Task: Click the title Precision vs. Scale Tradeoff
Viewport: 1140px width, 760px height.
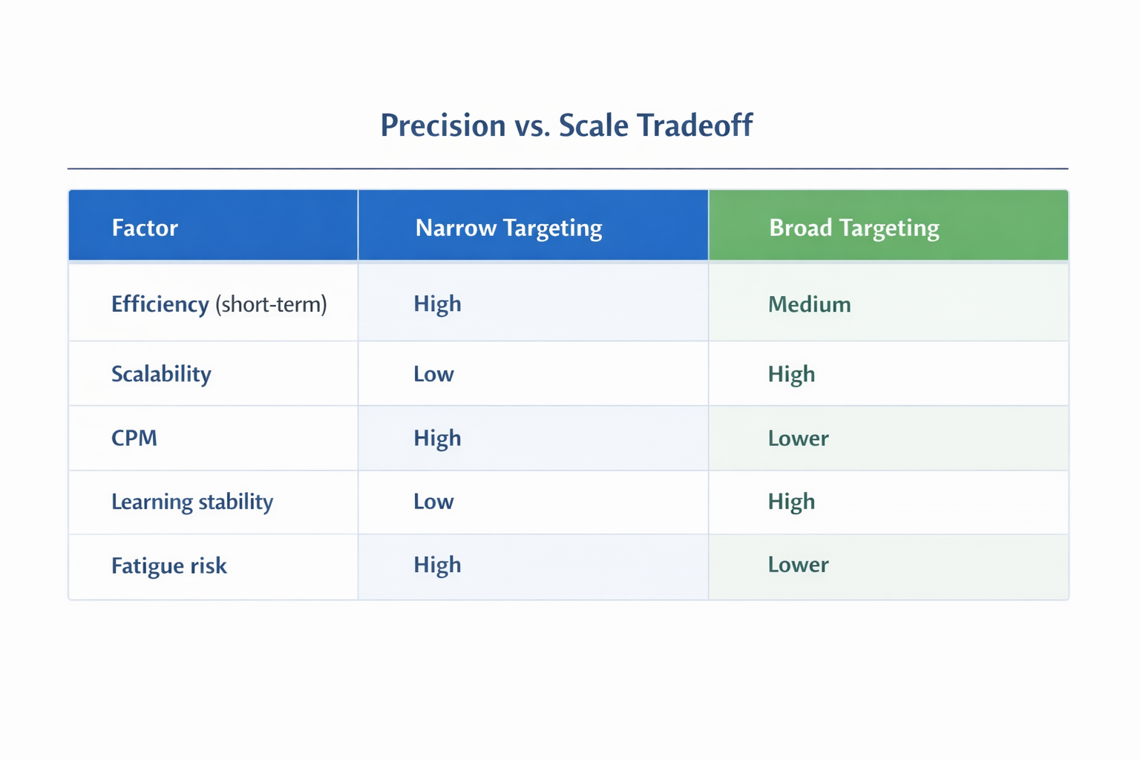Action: point(566,125)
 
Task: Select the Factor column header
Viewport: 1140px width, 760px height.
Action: point(145,227)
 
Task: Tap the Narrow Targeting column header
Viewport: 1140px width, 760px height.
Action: point(508,227)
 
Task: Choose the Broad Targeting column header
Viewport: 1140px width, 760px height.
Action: point(854,227)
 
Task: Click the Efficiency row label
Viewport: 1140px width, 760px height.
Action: point(160,304)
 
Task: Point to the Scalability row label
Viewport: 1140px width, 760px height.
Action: point(161,373)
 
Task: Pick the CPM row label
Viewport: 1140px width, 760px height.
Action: point(134,438)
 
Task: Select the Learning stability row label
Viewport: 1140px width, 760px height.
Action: point(192,502)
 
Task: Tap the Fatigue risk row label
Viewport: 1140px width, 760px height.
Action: point(168,566)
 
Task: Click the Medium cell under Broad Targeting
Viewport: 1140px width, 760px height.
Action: point(809,304)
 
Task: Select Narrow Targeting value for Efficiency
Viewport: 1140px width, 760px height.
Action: point(437,304)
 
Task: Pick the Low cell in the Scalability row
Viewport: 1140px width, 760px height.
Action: point(433,373)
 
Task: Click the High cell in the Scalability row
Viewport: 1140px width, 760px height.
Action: point(791,373)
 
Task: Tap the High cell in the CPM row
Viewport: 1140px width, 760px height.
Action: point(437,438)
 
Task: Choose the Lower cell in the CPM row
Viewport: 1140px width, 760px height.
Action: point(798,438)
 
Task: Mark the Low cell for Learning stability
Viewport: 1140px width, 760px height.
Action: point(433,502)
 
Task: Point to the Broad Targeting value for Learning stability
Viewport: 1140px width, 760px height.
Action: point(791,502)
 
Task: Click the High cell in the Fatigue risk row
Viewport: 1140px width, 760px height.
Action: point(437,565)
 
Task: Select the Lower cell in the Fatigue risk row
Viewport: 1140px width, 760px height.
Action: point(798,565)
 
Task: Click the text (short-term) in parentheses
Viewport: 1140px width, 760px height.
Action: point(271,304)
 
